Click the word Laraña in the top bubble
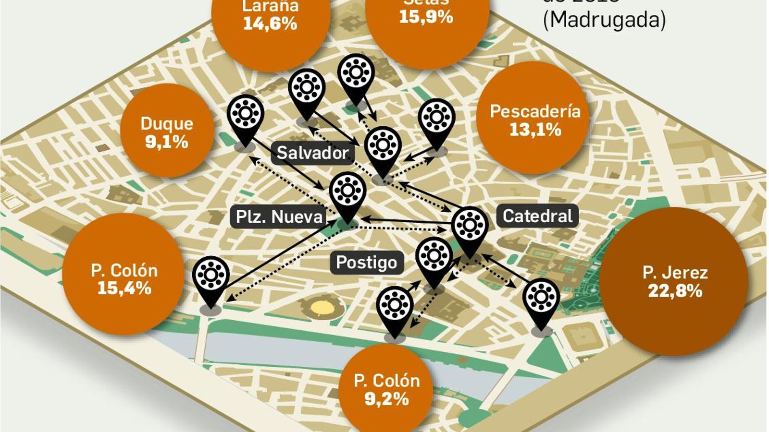[x=270, y=6]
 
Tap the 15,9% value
[x=426, y=17]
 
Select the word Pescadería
[x=535, y=111]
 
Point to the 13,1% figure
[x=535, y=130]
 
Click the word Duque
[x=167, y=123]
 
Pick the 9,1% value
[x=166, y=142]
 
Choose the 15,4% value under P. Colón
[x=124, y=288]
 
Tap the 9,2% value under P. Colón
[x=386, y=399]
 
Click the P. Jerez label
[x=675, y=273]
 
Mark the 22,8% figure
[x=675, y=291]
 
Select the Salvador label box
[x=312, y=153]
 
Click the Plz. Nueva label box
[x=279, y=216]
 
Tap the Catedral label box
[x=537, y=216]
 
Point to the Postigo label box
[x=366, y=262]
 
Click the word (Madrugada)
[x=605, y=20]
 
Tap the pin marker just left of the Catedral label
[x=470, y=228]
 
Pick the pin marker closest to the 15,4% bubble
[x=211, y=279]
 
